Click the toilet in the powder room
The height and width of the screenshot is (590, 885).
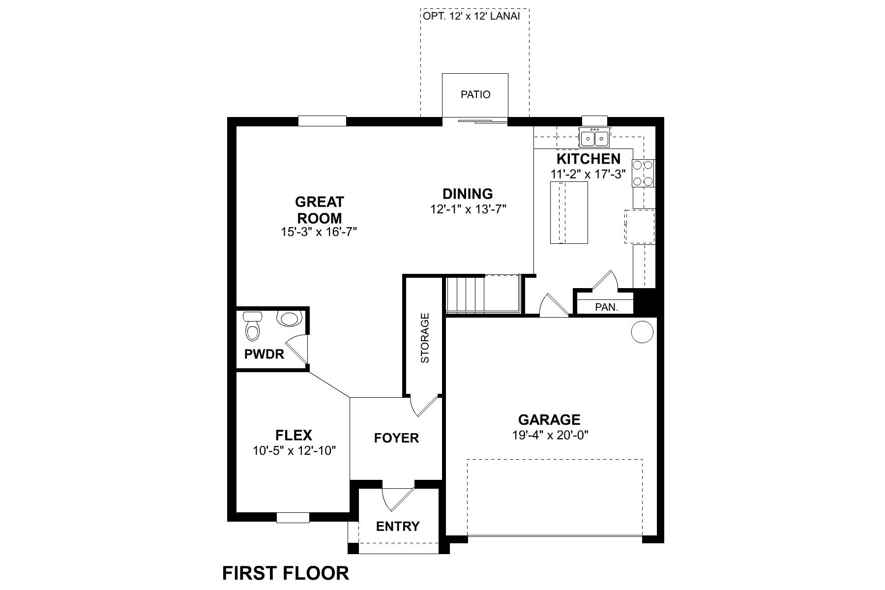click(252, 326)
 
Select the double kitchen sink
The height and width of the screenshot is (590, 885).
click(595, 138)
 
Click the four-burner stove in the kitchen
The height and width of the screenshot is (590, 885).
click(644, 173)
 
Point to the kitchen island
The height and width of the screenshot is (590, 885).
click(569, 212)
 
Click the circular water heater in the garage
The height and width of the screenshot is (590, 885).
click(642, 332)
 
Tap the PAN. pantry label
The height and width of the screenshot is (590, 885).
click(606, 307)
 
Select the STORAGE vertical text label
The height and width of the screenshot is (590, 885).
click(425, 338)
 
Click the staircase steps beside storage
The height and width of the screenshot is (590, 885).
click(465, 294)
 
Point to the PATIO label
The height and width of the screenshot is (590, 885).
click(475, 94)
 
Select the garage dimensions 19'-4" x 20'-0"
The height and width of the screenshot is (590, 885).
click(549, 435)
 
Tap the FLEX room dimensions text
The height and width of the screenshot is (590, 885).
click(294, 450)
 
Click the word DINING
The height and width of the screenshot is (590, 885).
click(468, 194)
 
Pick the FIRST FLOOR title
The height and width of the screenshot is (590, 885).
click(286, 573)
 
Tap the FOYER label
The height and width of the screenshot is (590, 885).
click(396, 438)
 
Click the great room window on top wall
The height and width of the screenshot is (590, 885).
click(322, 121)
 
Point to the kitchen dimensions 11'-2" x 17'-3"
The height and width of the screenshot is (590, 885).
click(588, 174)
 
